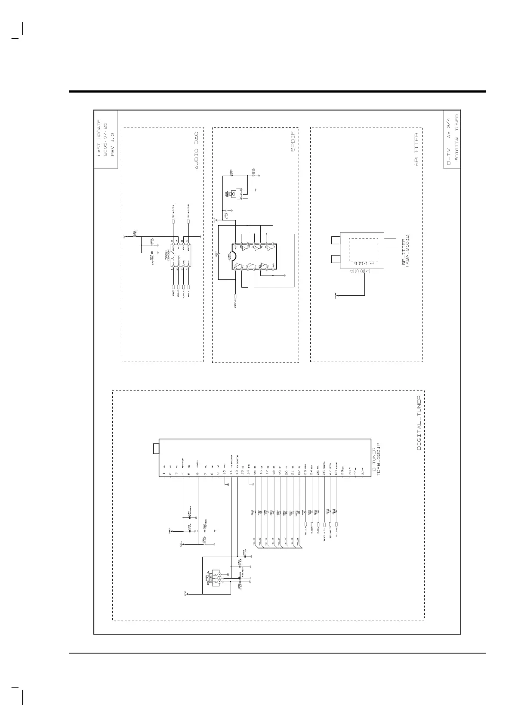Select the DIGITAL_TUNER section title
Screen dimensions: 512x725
pos(419,423)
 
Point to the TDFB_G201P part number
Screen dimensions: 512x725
pos(379,462)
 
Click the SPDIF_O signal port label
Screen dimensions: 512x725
pos(235,304)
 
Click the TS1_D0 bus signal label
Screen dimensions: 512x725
pos(255,542)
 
